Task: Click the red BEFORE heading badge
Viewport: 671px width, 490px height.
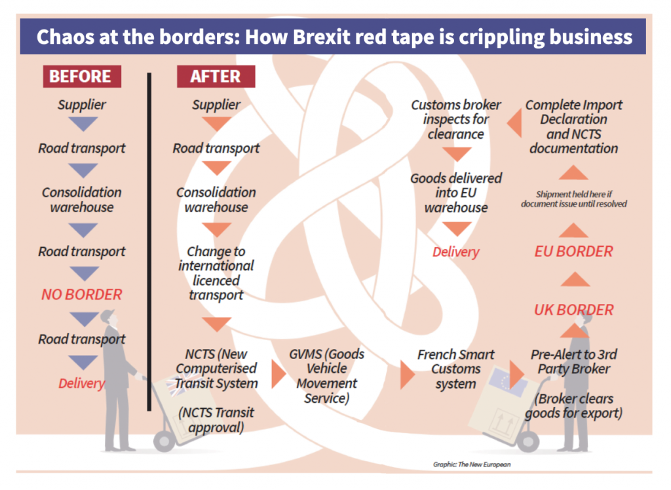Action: [82, 76]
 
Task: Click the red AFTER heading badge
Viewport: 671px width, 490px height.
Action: [216, 76]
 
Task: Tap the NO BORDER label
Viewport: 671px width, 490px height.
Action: [82, 294]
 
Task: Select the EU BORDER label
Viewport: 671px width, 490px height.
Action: [573, 251]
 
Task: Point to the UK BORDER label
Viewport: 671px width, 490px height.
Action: [573, 309]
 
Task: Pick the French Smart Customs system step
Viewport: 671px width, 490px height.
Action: [456, 369]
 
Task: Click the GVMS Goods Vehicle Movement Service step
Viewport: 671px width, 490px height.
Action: [326, 376]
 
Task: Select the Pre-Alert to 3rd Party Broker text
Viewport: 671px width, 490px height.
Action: [573, 362]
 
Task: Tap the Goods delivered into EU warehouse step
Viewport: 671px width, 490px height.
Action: [456, 193]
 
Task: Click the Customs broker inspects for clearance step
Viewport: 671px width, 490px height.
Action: [456, 119]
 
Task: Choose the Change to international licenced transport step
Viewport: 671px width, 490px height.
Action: [216, 273]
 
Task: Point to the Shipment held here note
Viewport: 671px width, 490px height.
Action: [573, 199]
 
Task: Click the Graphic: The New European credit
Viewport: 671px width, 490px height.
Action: [472, 464]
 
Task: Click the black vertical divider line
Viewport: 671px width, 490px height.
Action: [149, 242]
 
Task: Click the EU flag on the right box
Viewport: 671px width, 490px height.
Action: [507, 381]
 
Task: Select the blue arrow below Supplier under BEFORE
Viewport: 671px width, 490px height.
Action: [83, 124]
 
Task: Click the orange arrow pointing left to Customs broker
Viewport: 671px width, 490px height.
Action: [514, 122]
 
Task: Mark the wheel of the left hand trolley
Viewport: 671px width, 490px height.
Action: [164, 442]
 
